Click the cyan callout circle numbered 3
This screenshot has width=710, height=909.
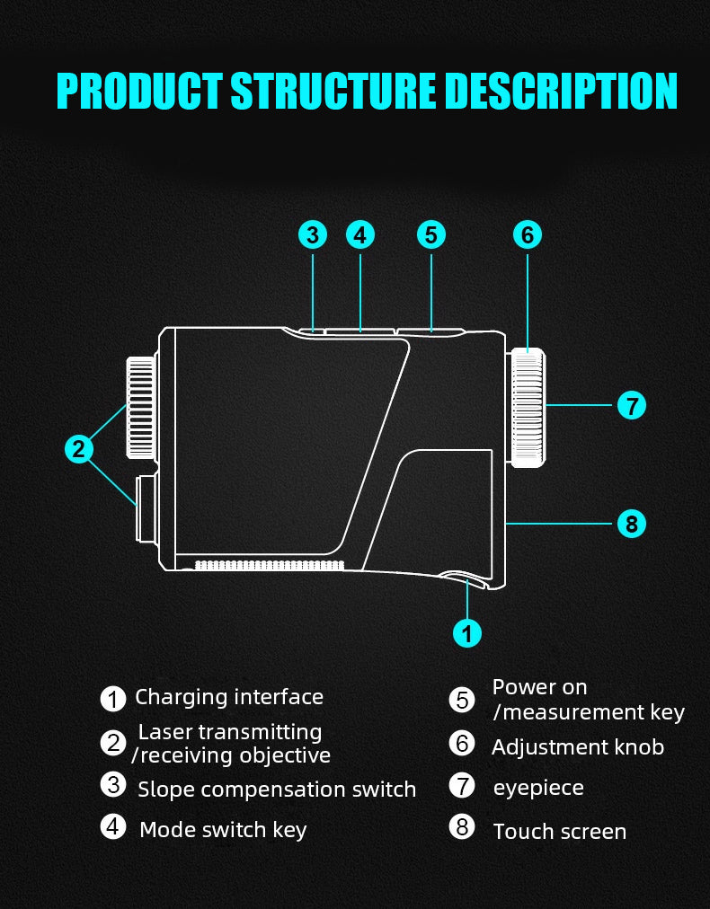click(x=312, y=235)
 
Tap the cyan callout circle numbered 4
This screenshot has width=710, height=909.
click(x=360, y=235)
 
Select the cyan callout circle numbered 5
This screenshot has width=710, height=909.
click(x=431, y=235)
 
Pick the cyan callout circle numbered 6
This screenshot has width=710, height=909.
click(x=528, y=235)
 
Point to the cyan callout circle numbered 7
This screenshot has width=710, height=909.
click(x=632, y=406)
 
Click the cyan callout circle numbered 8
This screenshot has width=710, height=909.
click(x=632, y=523)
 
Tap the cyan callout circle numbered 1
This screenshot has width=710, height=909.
click(x=466, y=632)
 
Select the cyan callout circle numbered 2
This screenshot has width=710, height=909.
click(x=79, y=448)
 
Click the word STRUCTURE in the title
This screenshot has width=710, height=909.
click(x=333, y=92)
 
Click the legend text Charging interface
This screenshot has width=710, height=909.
click(x=229, y=697)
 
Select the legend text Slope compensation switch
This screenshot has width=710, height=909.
click(x=277, y=790)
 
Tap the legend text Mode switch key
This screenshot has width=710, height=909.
click(x=223, y=830)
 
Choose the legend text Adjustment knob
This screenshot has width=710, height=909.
click(x=578, y=747)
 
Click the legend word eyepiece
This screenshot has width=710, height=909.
click(x=538, y=788)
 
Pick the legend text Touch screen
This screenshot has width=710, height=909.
click(x=559, y=832)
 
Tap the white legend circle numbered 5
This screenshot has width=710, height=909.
click(x=462, y=700)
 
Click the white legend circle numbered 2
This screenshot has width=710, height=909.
click(x=113, y=743)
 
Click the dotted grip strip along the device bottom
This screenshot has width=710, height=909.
click(x=270, y=565)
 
